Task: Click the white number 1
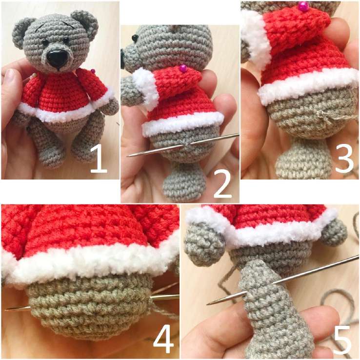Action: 99,160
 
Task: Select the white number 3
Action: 344,159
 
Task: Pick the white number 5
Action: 342,340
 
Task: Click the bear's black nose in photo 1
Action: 57,59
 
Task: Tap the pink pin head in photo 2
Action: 183,68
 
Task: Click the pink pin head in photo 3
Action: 303,5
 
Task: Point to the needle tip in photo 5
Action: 207,304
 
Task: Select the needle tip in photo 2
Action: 128,156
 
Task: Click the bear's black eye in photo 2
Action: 135,38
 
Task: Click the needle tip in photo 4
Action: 5,309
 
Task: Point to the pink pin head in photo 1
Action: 93,71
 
